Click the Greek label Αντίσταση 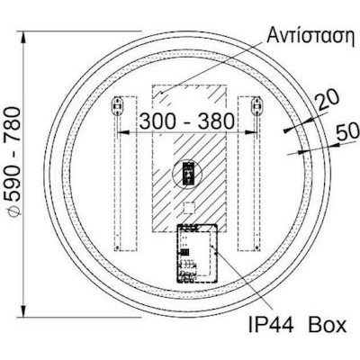(310, 36)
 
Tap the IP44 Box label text (298, 324)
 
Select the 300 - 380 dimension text (186, 121)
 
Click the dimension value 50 (347, 131)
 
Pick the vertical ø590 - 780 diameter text (14, 161)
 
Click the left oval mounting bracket (117, 105)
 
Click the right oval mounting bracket (256, 105)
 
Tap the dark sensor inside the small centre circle (188, 174)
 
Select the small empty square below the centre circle (189, 208)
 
